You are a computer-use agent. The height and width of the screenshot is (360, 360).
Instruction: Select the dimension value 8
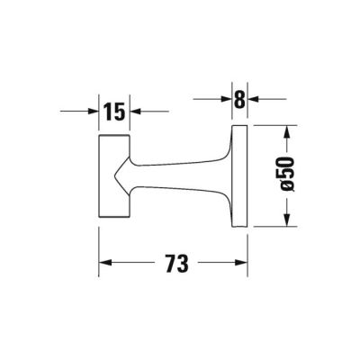pos(239,100)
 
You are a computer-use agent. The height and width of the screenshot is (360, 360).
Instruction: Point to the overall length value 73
pos(176,264)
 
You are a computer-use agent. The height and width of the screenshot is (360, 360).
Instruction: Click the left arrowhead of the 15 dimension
pos(91,112)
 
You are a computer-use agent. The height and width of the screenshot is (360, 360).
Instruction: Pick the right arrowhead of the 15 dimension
pos(134,112)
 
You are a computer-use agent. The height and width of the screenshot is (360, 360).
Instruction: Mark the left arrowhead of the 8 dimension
pos(227,100)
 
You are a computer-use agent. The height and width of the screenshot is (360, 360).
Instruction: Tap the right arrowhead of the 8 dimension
pos(252,100)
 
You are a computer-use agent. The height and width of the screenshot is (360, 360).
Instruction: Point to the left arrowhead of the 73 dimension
pos(103,264)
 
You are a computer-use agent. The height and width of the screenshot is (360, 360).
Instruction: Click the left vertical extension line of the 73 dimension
pos(97,243)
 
